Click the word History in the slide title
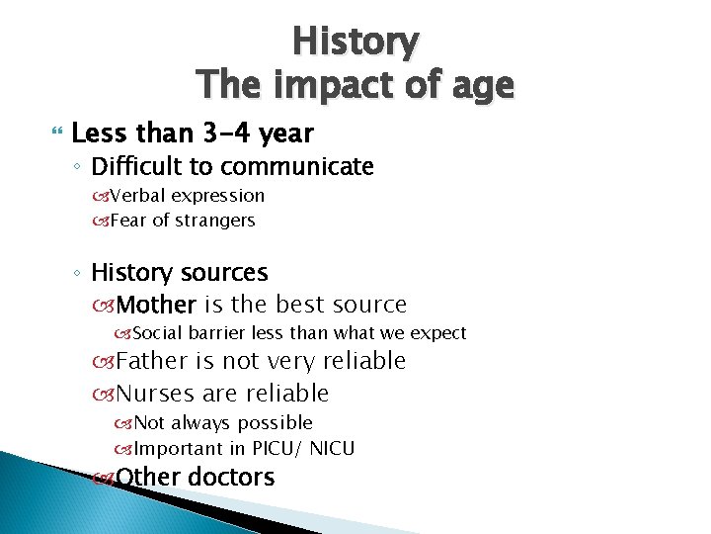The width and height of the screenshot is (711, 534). pos(355,43)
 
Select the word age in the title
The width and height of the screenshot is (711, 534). pos(476,86)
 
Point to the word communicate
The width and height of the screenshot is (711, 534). pos(297,166)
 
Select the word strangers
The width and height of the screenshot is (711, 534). pos(215,221)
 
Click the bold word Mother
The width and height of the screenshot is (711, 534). pos(156,305)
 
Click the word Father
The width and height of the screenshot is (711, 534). pos(154,361)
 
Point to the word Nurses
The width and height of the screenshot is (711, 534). pos(156,393)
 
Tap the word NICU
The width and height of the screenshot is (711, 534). pos(333,448)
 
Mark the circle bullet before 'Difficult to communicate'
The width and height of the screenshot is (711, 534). pos(79,168)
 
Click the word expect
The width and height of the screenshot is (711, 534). pos(438,333)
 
